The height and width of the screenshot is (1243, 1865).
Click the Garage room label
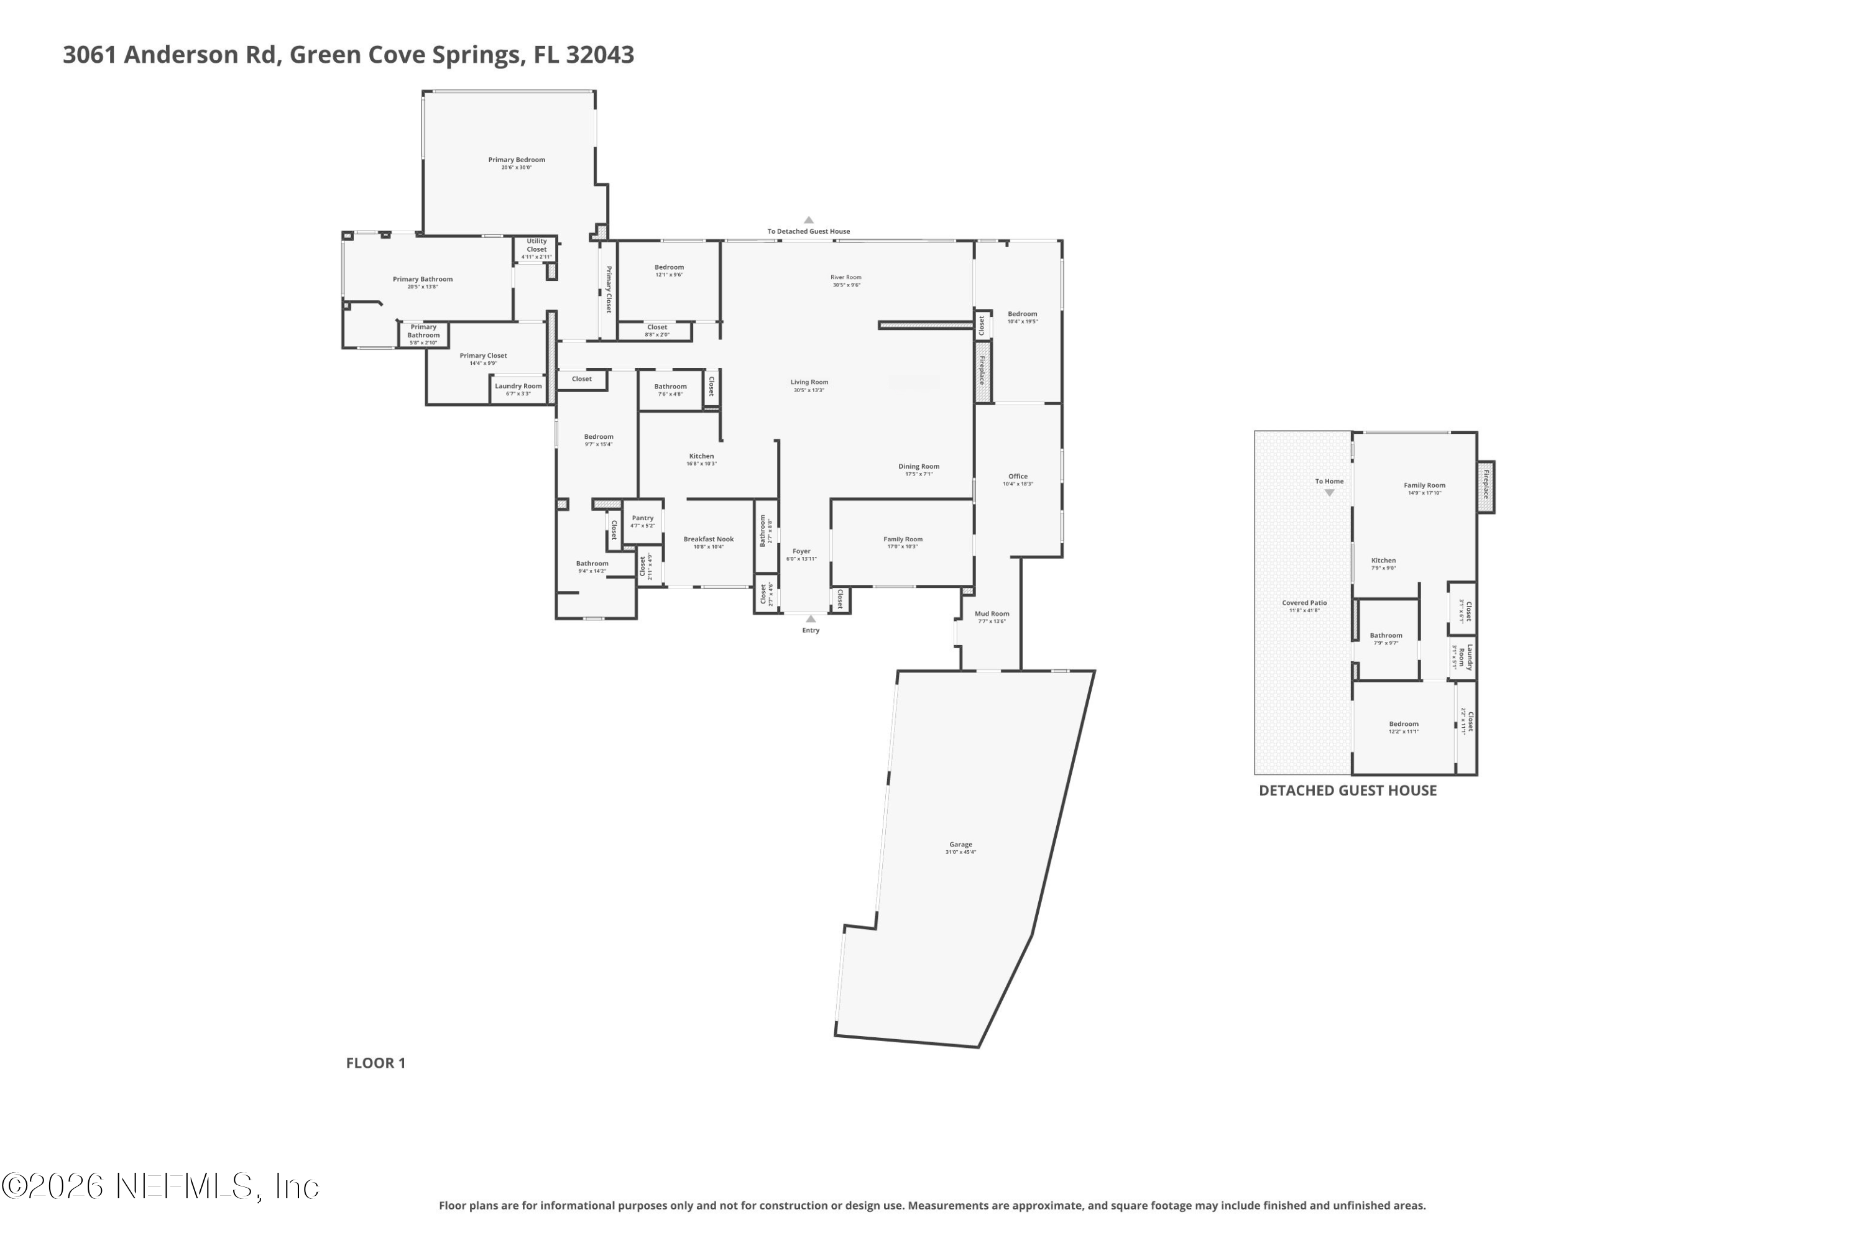[x=960, y=845]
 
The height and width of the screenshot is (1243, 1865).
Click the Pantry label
[x=642, y=519]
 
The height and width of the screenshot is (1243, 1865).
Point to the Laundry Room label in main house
[x=518, y=387]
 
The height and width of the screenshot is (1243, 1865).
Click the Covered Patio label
[x=1304, y=604]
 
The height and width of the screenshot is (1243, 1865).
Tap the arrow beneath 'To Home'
[x=1329, y=493]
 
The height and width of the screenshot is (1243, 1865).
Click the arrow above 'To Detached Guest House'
[x=808, y=221]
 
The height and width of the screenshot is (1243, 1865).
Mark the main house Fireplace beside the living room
[x=982, y=371]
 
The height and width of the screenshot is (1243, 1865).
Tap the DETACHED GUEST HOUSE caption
[x=1347, y=791]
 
